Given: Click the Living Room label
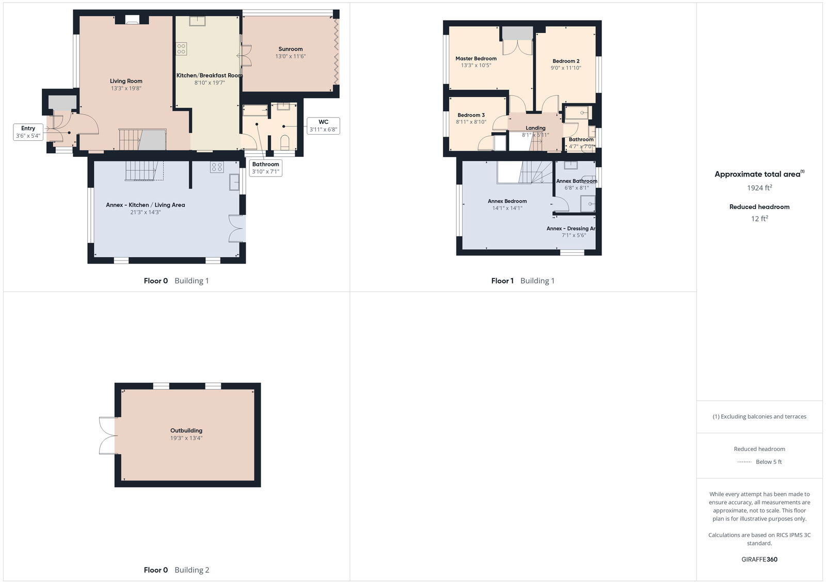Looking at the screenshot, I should (x=126, y=81).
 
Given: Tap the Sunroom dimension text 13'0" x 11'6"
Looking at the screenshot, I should (x=290, y=56).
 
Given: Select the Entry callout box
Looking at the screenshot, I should (x=28, y=132).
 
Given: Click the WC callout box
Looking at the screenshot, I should (x=323, y=126).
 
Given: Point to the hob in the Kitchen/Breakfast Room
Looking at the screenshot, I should (x=181, y=49).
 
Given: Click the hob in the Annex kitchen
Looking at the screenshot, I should (x=217, y=167).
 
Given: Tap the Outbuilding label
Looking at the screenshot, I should (x=186, y=430).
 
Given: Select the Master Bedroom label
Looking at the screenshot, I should (x=476, y=58).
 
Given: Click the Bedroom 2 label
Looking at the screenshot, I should (x=566, y=61).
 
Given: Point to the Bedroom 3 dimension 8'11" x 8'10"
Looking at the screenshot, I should (x=471, y=122).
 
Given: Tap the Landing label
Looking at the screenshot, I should (x=535, y=128).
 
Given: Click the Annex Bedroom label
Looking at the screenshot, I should (x=507, y=201).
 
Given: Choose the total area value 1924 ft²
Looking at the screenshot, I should (x=759, y=188).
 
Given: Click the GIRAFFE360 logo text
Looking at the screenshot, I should (x=759, y=559).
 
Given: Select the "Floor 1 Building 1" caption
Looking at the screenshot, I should (x=522, y=281).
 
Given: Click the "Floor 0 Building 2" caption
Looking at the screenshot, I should (x=176, y=570).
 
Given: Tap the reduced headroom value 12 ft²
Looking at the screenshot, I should (x=759, y=219).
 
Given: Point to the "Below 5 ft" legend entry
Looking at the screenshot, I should (x=768, y=462).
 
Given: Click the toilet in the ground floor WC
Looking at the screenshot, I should (x=284, y=142).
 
